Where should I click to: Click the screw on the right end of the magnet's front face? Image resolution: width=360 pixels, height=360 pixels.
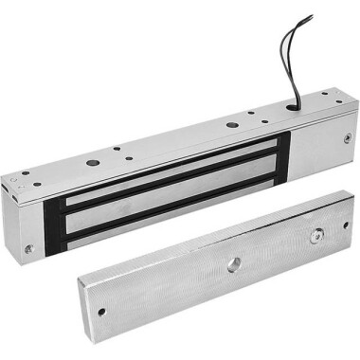click(x=347, y=139)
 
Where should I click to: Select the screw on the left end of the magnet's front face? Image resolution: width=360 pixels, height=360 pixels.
click(x=28, y=248)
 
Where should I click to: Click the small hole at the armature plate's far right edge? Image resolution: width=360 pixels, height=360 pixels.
click(x=346, y=225)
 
